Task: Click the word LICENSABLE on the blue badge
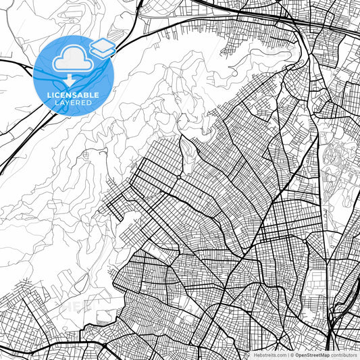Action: pos(74,95)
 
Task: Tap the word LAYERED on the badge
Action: pos(74,103)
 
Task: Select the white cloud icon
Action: pos(73,60)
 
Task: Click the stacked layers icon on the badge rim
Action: pos(103,47)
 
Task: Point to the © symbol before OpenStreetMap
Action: pos(292,354)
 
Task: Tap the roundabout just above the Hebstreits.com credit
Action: pos(269,341)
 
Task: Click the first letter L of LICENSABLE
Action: pos(49,95)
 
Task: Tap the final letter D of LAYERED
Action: pos(91,103)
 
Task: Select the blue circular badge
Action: pos(73,76)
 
